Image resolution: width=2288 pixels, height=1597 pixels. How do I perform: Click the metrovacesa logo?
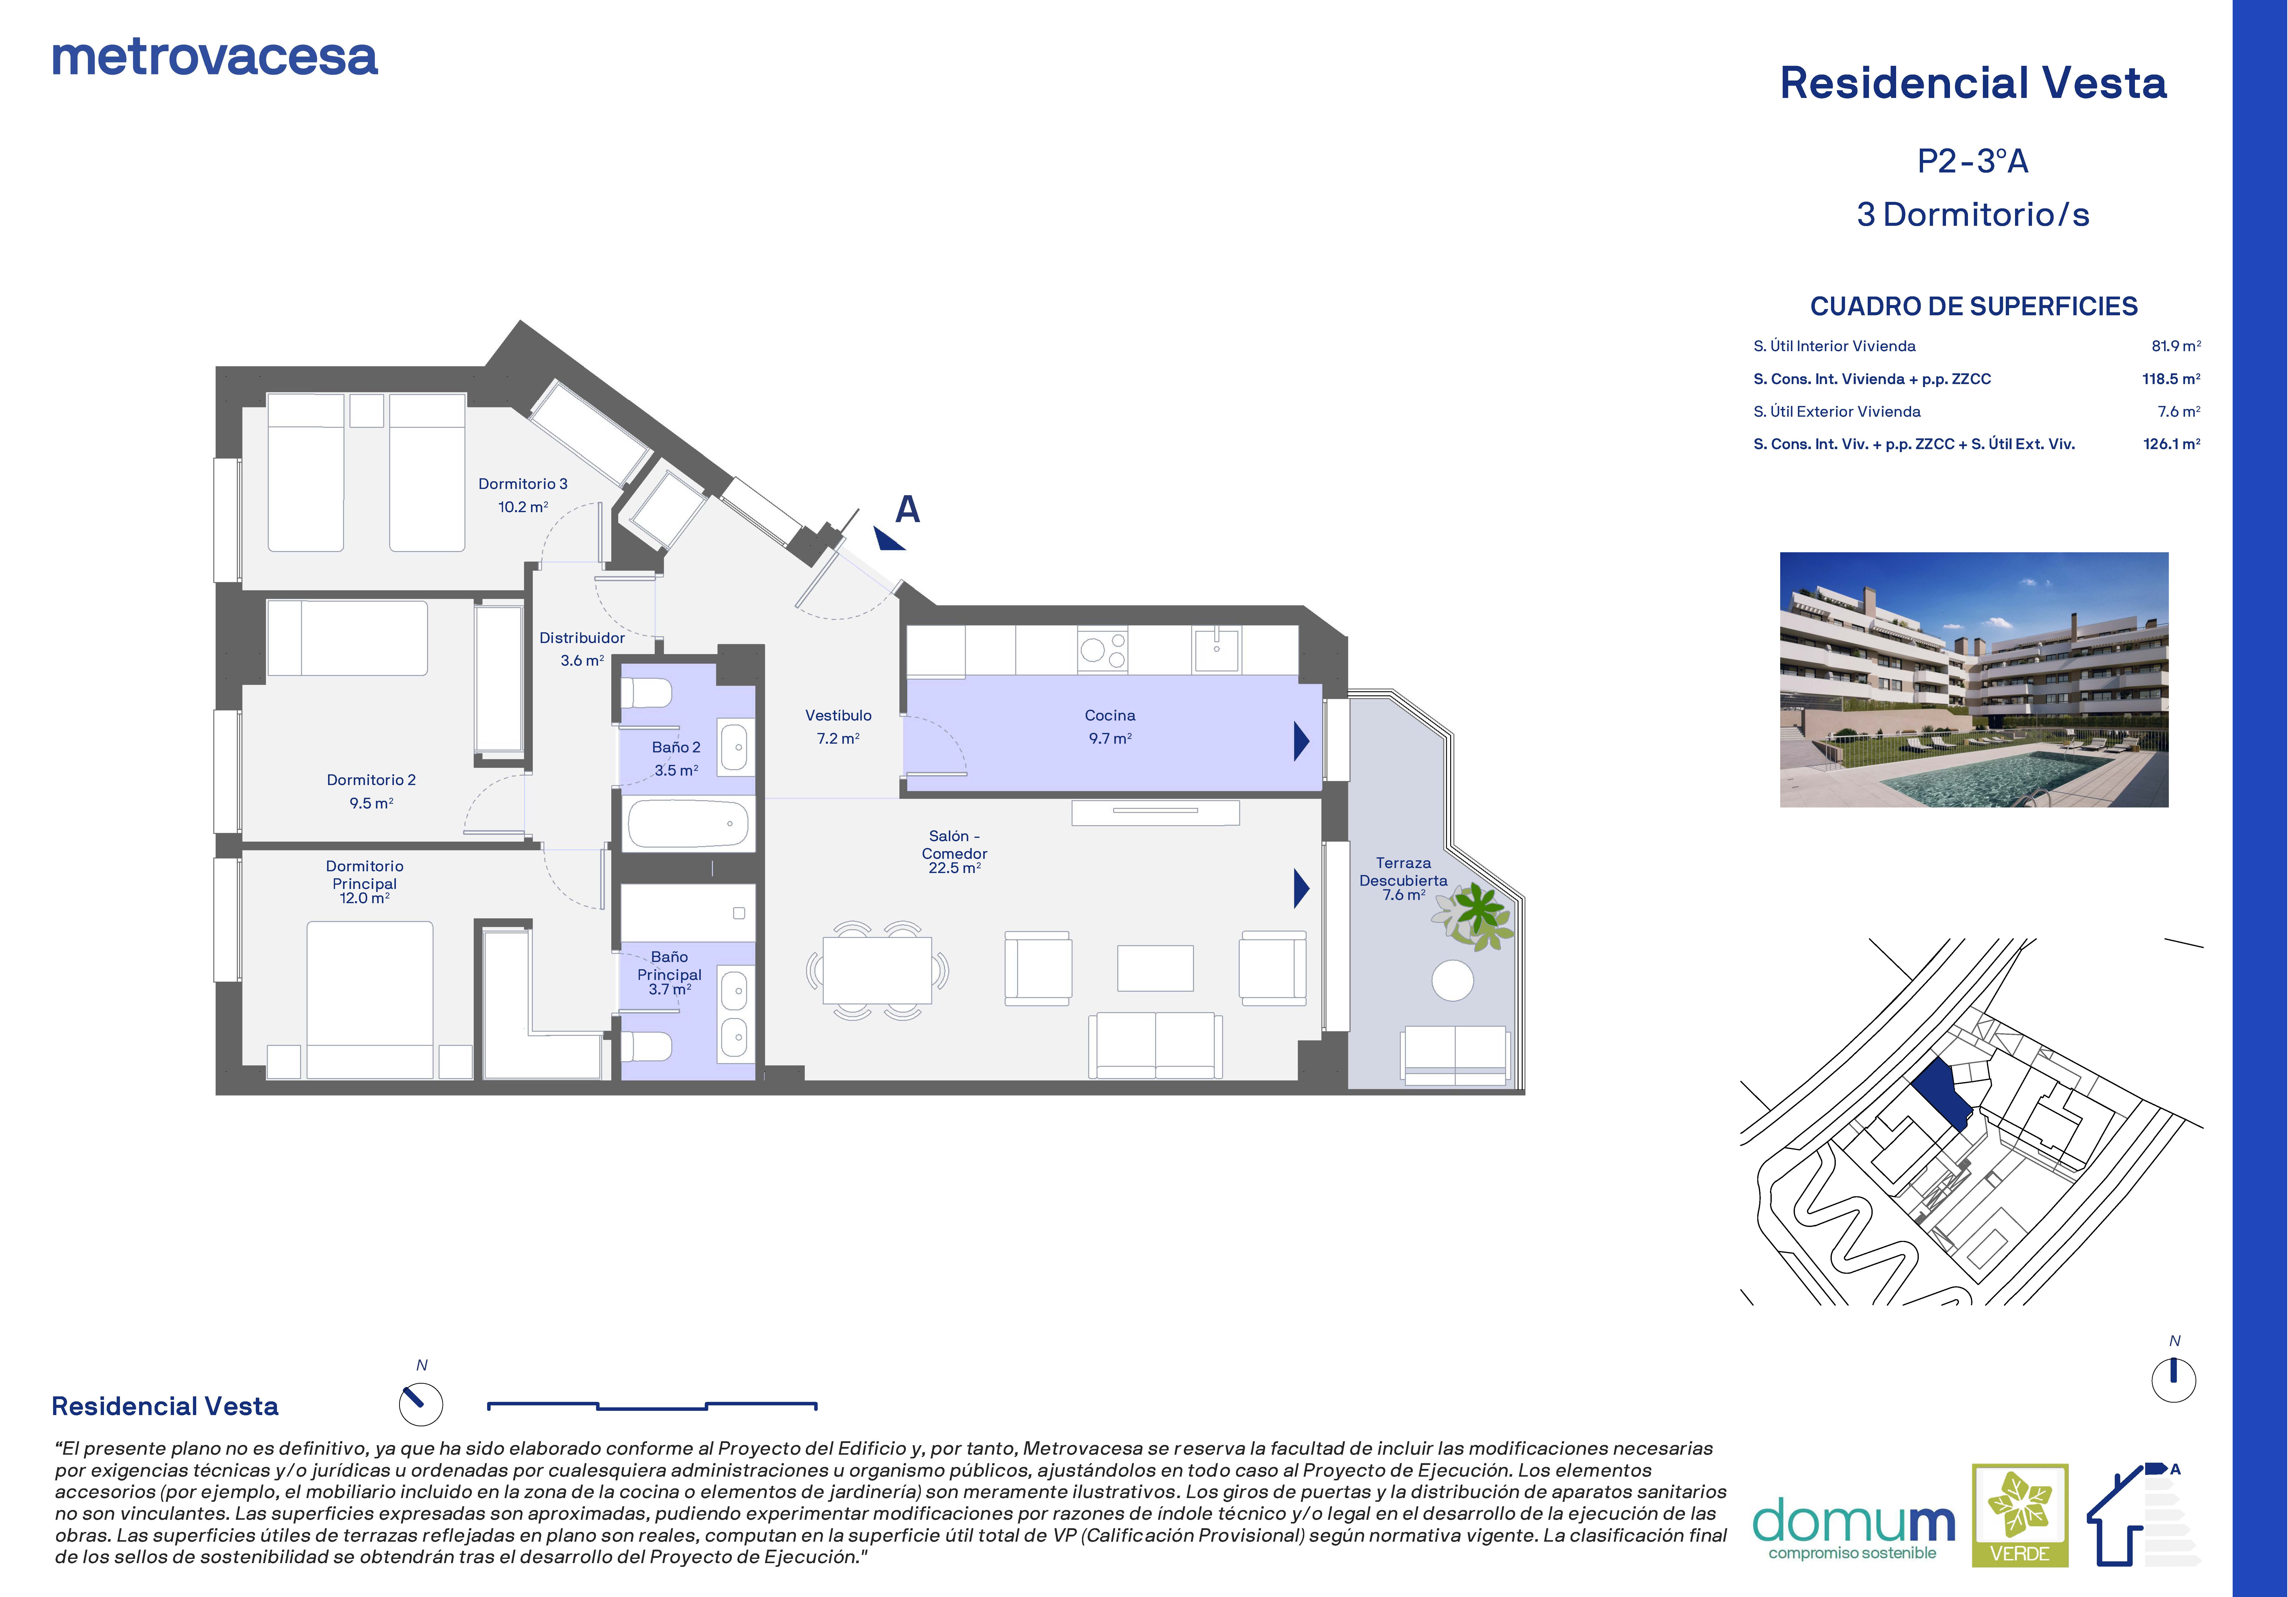214,58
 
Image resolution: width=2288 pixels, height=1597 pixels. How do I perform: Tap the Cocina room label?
1110,715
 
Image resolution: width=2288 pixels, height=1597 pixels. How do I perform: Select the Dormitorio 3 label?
523,484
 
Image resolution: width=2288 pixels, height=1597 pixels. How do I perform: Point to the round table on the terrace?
1453,980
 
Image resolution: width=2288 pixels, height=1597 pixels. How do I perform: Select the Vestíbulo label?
838,715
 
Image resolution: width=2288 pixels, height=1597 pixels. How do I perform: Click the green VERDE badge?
2020,1514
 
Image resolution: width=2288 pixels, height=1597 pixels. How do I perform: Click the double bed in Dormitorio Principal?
370,999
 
